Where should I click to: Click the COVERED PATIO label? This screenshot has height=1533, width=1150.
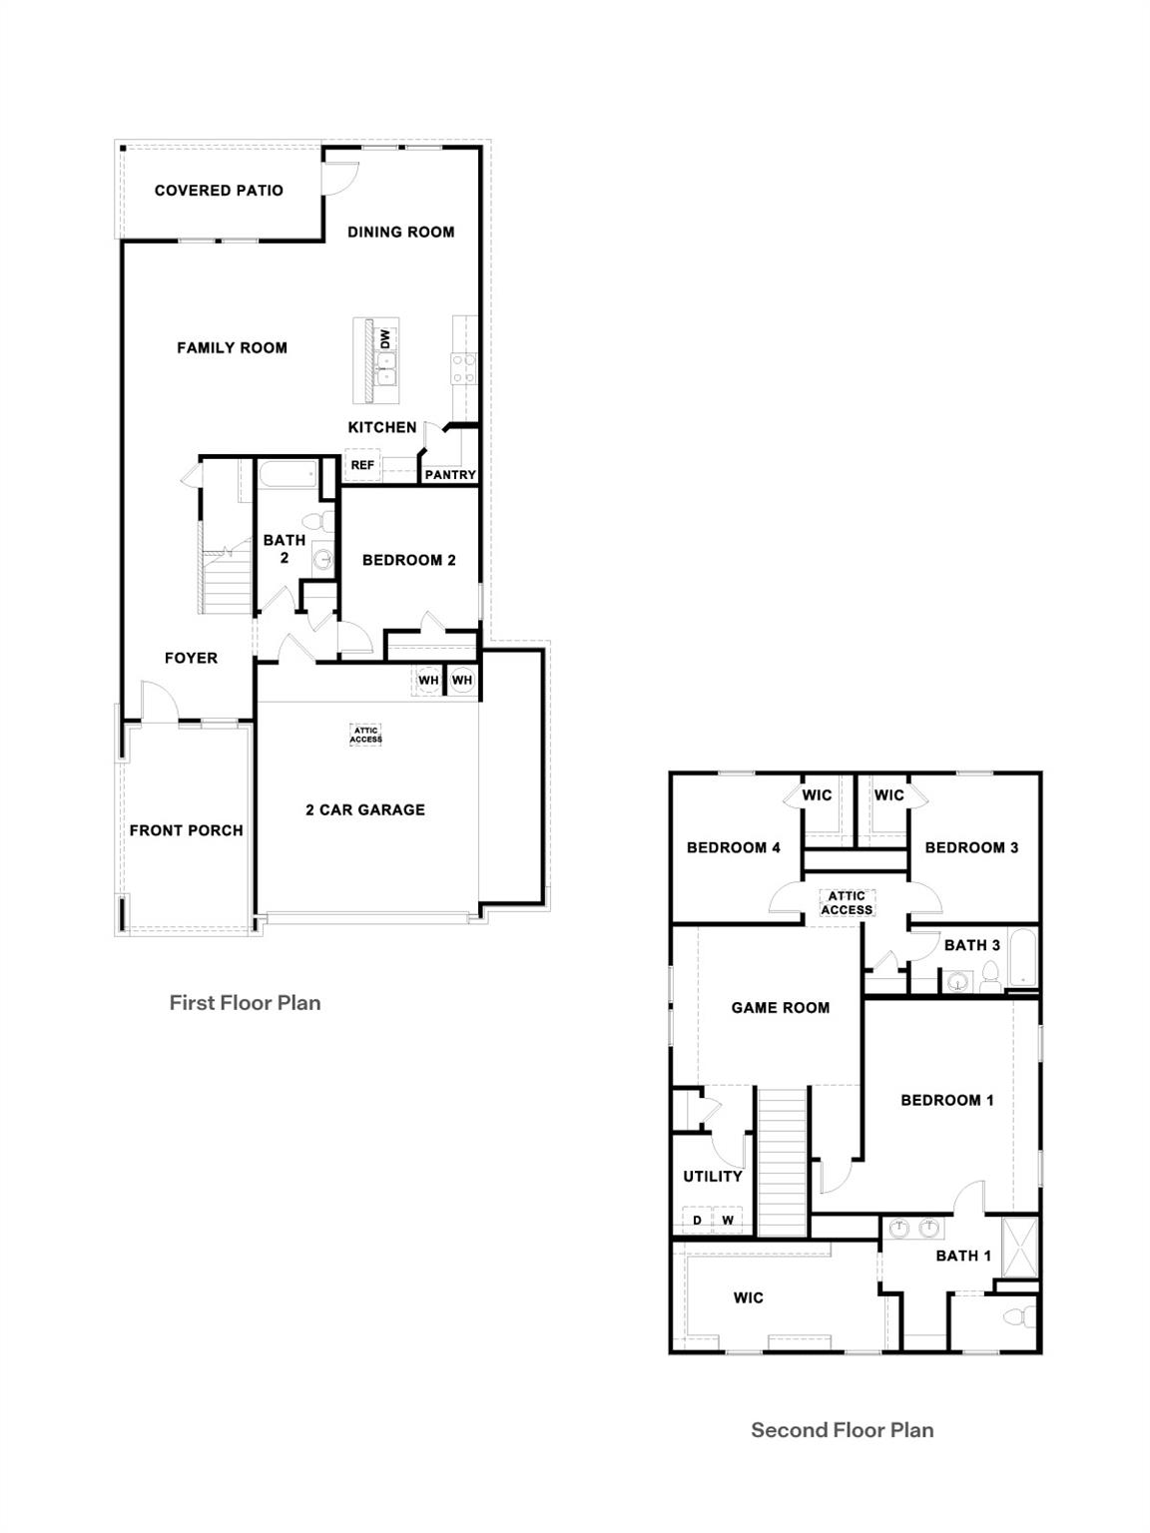[x=219, y=191]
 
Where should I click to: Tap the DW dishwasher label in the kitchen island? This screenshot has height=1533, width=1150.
[x=385, y=339]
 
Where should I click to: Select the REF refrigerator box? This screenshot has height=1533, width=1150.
[x=361, y=465]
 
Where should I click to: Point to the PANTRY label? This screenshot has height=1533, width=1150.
[x=450, y=475]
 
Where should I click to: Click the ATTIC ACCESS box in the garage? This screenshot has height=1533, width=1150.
[x=365, y=736]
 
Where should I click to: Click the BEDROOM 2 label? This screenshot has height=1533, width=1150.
[x=408, y=561]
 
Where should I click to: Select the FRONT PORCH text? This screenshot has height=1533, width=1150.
[x=186, y=830]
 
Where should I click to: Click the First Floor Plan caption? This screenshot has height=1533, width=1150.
[x=245, y=1003]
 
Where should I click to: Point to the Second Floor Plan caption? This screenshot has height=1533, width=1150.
[x=842, y=1430]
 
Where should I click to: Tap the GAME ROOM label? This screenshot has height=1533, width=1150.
[x=780, y=1008]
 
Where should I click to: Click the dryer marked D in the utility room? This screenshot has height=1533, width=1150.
[x=698, y=1221]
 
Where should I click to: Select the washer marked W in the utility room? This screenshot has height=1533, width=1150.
[x=728, y=1221]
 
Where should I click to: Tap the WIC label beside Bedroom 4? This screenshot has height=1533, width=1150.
[x=817, y=795]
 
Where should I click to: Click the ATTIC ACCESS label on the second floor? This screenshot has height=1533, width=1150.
[x=847, y=903]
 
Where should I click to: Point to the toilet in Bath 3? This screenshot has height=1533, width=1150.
[x=989, y=976]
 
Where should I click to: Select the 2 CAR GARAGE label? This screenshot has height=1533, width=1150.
[x=365, y=810]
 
